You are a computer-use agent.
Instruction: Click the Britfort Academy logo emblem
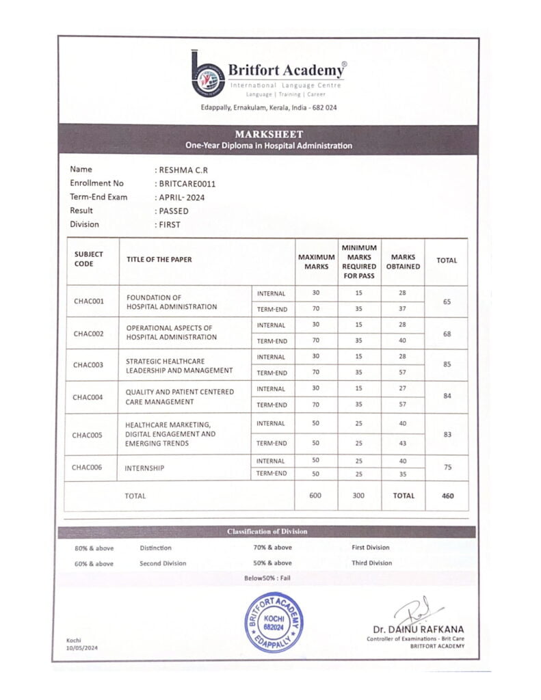pos(207,75)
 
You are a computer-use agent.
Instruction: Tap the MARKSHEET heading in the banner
pos(269,134)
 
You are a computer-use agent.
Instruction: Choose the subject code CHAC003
pos(88,365)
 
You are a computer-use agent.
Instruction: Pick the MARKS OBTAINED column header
pos(403,261)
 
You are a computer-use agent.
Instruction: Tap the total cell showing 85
pos(447,365)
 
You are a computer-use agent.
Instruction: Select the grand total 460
pos(447,496)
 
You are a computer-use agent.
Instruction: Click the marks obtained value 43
pos(402,444)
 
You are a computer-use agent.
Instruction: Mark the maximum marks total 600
pos(315,496)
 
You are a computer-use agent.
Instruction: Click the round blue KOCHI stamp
pos(274,621)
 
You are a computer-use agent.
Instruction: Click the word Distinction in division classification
pos(155,548)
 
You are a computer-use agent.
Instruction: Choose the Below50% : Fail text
pos(267,578)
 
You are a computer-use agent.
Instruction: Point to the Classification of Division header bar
pos(267,532)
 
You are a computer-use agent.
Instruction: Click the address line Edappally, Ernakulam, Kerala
pos(269,108)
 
